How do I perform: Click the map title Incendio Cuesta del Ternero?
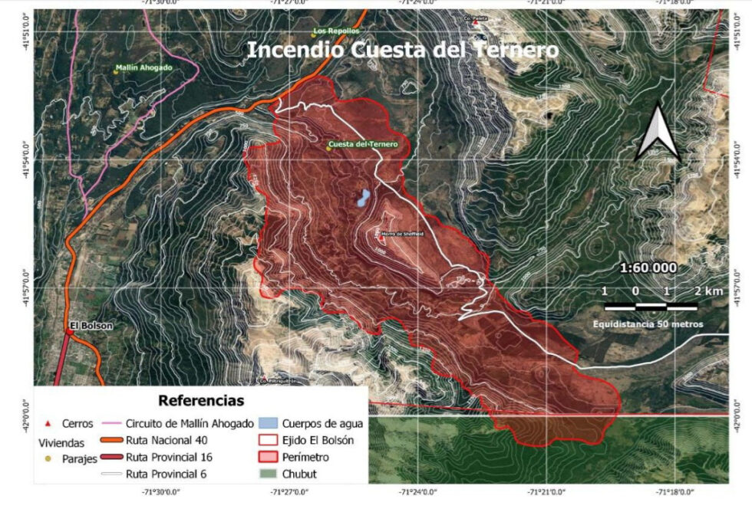[x=402, y=51]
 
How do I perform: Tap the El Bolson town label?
[x=91, y=326]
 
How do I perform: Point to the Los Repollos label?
[x=336, y=31]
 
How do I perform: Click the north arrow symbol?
[x=658, y=134]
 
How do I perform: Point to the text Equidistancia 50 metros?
[x=648, y=324]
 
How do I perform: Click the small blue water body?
[x=359, y=199]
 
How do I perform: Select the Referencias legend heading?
[x=201, y=400]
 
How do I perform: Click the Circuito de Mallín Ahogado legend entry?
[x=189, y=422]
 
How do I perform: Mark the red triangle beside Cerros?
[x=48, y=423]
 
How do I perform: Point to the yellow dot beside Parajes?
[x=48, y=458]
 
